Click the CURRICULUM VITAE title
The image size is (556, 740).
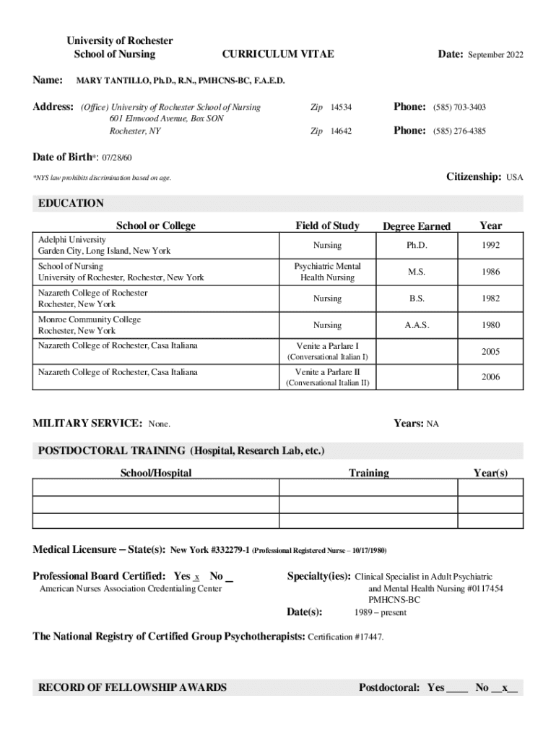click(x=277, y=54)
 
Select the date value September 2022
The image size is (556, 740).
click(x=496, y=55)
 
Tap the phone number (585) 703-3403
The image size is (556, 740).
click(x=459, y=108)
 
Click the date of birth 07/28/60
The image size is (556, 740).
click(x=116, y=158)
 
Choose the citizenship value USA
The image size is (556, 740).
click(x=514, y=177)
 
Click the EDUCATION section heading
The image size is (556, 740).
click(x=70, y=203)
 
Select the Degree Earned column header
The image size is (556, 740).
click(x=416, y=226)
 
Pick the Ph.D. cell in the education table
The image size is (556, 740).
click(x=417, y=246)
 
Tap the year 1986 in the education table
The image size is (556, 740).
click(x=491, y=272)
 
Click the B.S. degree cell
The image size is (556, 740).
click(x=417, y=298)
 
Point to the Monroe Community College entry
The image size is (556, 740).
click(x=90, y=319)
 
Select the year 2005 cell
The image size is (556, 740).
click(x=491, y=352)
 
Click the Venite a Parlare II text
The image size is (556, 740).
click(x=328, y=372)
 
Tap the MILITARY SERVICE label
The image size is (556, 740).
click(x=87, y=423)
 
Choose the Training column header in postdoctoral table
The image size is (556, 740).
click(x=368, y=473)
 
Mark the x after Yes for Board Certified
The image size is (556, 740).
click(x=197, y=577)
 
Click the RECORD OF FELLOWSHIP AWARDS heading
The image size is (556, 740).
click(x=132, y=687)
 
